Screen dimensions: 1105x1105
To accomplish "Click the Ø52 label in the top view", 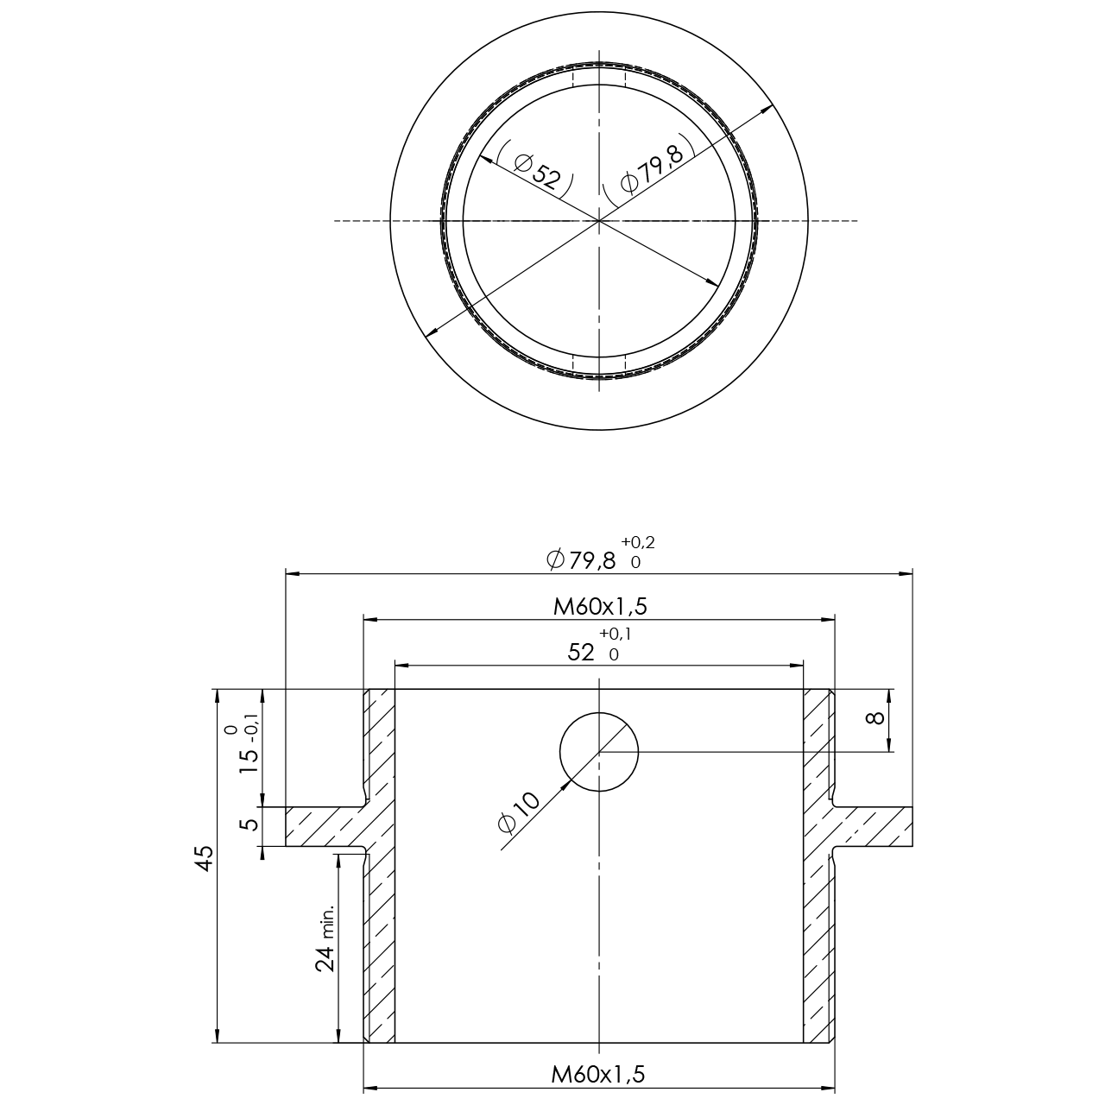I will pos(536,169).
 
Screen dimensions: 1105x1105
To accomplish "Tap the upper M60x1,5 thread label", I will pos(600,607).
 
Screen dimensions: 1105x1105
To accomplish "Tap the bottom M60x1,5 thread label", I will pos(598,1075).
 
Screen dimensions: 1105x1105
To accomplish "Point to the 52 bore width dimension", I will pos(582,653).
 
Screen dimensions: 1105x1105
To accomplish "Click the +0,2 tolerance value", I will pos(637,542).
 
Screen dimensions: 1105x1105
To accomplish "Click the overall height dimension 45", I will pos(205,859).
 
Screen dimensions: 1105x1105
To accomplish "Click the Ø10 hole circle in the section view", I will pos(599,752).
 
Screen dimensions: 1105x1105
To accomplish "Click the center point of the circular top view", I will pos(599,221).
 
